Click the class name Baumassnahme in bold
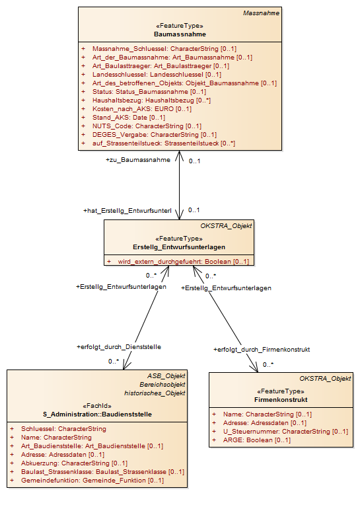180,34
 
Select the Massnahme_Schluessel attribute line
164,49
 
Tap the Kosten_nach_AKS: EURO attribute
142,109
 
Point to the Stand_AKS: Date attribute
129,118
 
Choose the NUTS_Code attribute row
147,126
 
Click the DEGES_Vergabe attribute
155,134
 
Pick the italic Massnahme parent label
261,13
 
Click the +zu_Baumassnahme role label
138,160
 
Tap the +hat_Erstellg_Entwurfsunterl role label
127,211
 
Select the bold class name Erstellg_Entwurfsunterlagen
179,247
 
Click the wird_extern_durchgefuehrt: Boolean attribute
183,262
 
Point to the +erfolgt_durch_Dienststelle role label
119,347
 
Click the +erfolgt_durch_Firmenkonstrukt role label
262,350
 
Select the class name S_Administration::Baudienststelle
97,414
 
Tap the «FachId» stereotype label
97,406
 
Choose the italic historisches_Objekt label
155,393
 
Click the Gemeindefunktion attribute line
92,481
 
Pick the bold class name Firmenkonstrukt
281,400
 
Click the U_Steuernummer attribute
285,432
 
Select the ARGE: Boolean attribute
256,440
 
